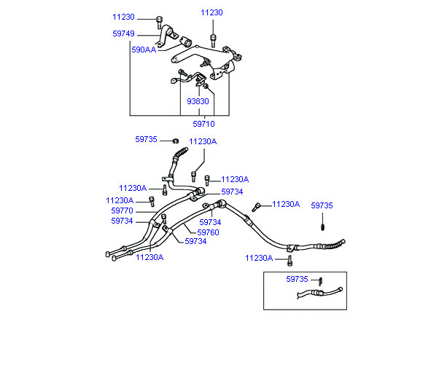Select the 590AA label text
coord(143,50)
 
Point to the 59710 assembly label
coord(203,124)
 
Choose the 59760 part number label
coord(209,232)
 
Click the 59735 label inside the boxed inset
coord(297,279)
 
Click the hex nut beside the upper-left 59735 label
coord(176,140)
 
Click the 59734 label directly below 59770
coord(122,221)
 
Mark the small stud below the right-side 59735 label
coord(322,227)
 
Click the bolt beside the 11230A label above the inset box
coord(289,259)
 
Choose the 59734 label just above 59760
coord(210,222)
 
